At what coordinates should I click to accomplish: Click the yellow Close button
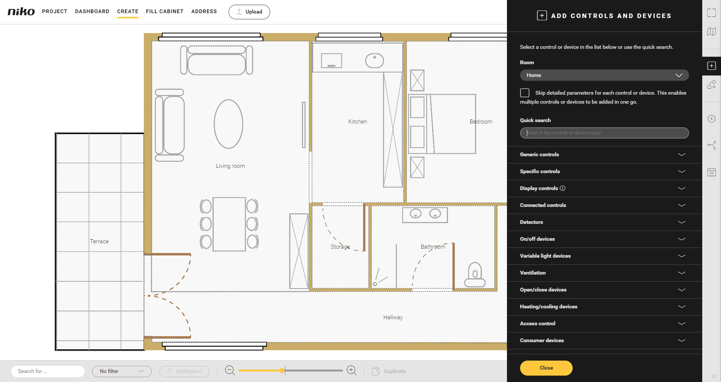point(546,368)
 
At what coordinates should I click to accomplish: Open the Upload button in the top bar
point(249,12)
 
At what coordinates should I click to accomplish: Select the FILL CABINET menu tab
point(165,11)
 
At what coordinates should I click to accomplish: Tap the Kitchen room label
point(357,122)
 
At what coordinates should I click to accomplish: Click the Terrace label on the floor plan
point(99,242)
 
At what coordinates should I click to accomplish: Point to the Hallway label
point(393,317)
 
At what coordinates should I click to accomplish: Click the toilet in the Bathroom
point(475,275)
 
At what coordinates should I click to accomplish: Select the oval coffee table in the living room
point(228,124)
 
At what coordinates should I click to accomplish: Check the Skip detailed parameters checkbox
point(525,93)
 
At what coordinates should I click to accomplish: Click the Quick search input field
point(604,133)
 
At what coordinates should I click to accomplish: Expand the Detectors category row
point(604,222)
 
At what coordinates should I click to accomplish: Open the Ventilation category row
point(604,273)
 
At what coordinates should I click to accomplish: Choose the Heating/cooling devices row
point(604,307)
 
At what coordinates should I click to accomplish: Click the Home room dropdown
point(604,75)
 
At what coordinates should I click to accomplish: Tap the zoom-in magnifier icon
point(352,371)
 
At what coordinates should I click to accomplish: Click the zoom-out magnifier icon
point(230,371)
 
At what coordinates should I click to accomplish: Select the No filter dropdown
point(122,371)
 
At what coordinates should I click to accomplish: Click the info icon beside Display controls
point(563,188)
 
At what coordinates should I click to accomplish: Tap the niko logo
point(21,11)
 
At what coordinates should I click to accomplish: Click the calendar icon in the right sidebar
point(712,172)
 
